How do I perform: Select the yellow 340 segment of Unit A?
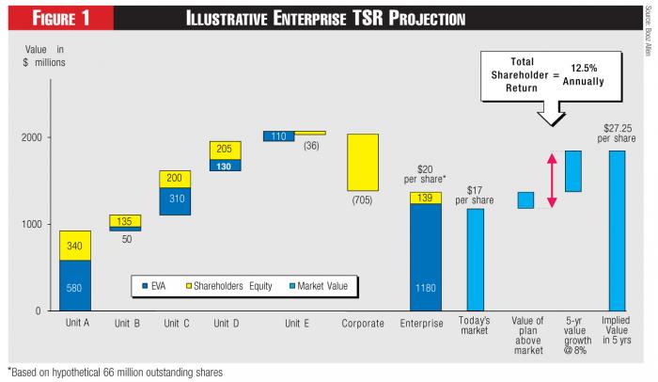(75, 246)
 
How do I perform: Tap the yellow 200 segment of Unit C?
(175, 179)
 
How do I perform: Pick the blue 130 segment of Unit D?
(225, 166)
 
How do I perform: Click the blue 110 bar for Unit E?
(278, 136)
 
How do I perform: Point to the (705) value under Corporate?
(363, 199)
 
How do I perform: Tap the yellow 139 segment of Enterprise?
(425, 198)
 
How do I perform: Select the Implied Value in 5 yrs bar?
(617, 230)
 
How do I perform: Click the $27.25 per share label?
(618, 134)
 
